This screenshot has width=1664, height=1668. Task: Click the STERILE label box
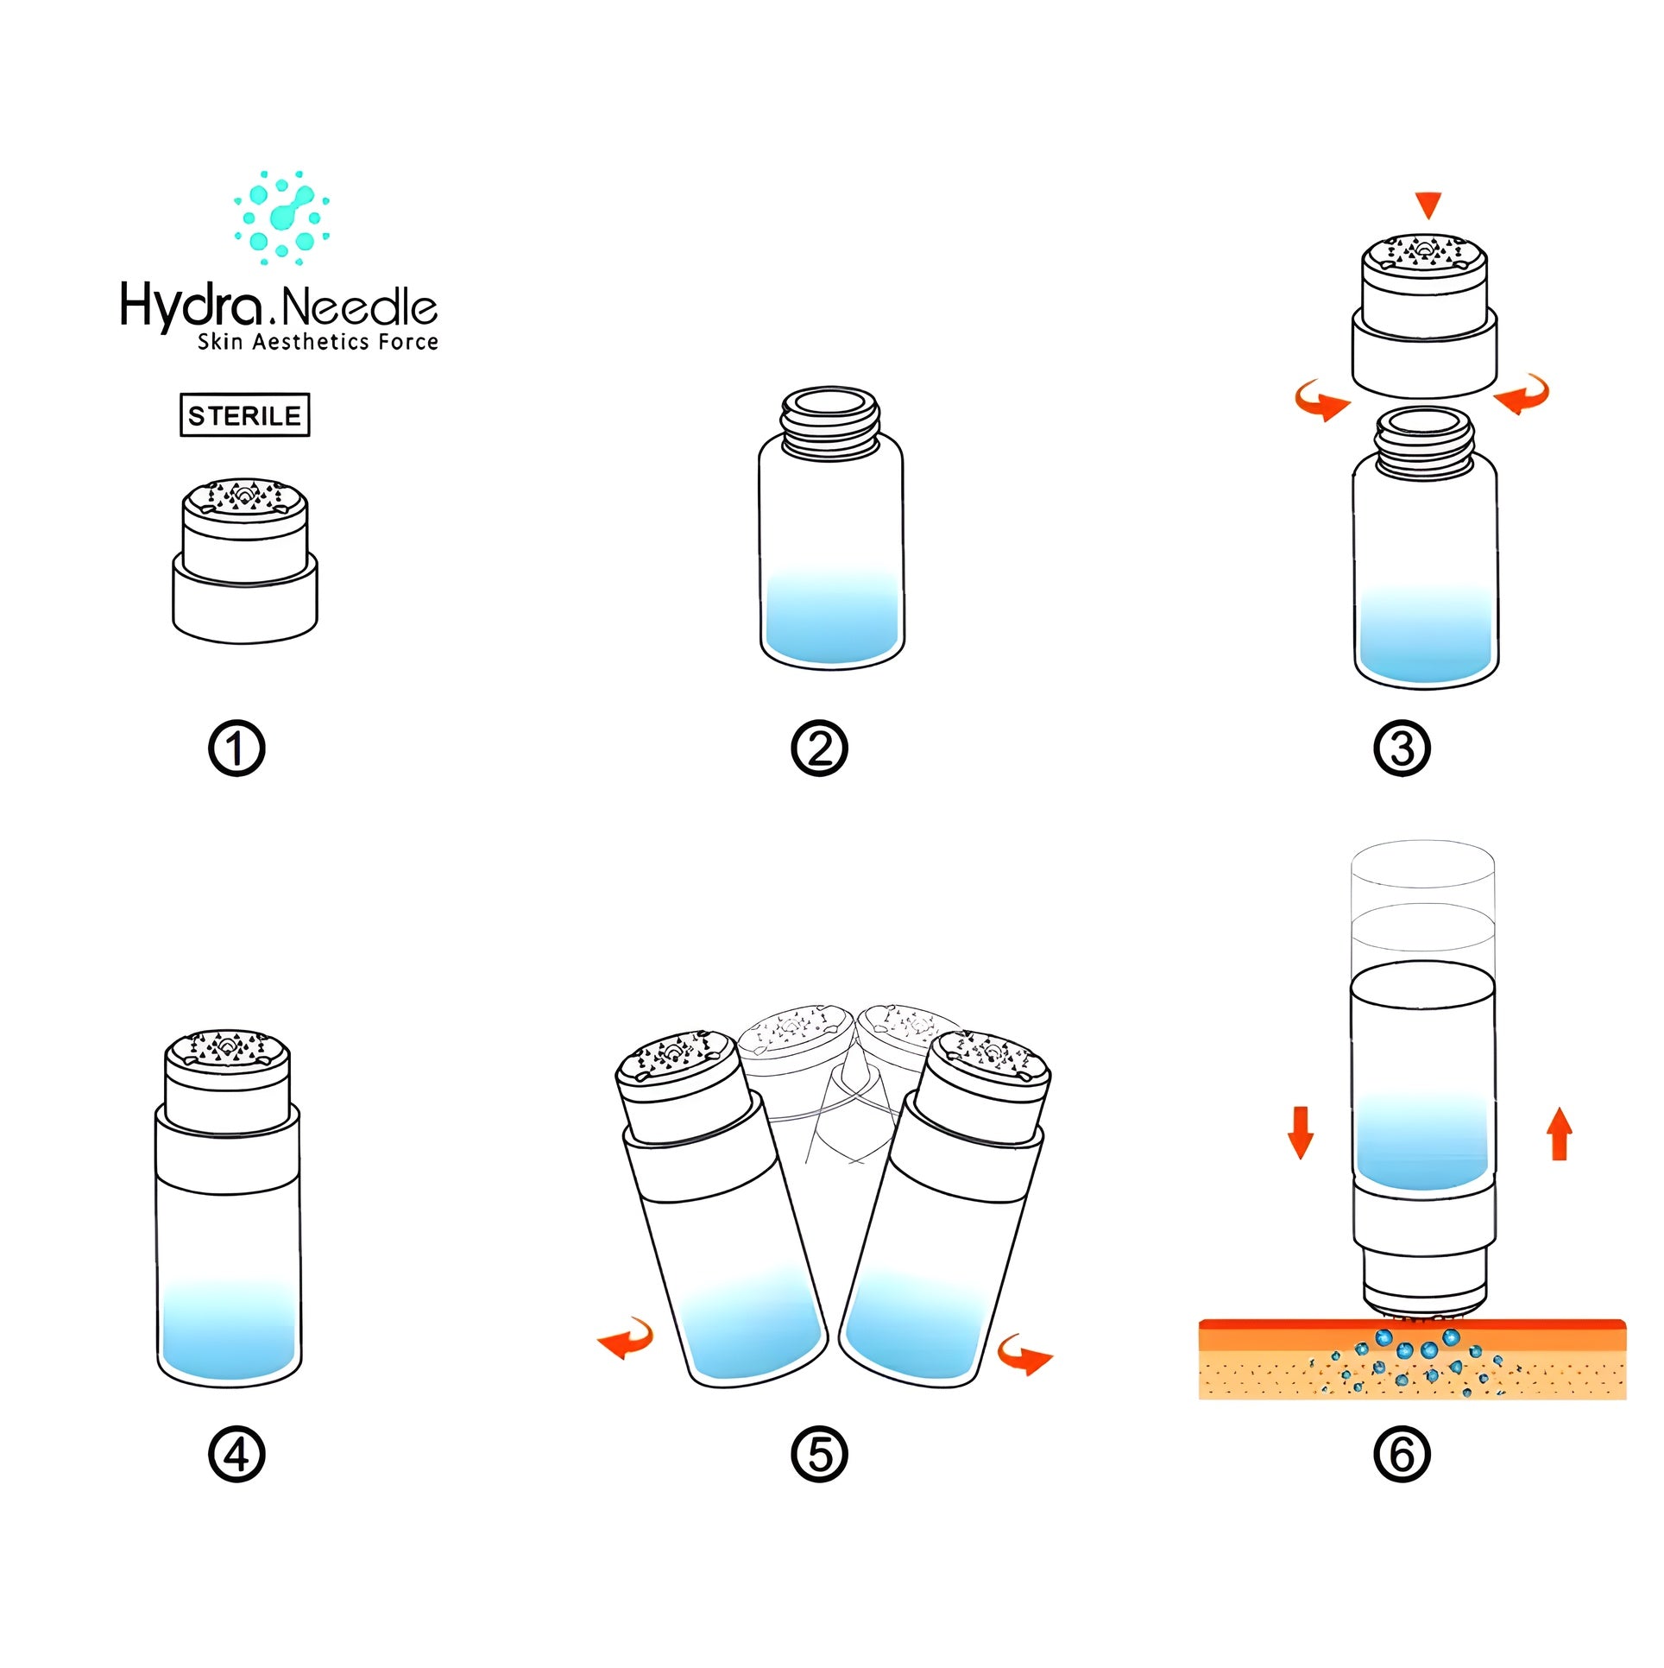[x=244, y=415]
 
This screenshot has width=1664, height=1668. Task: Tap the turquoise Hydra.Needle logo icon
[x=282, y=218]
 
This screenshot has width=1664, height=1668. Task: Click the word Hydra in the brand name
[x=191, y=306]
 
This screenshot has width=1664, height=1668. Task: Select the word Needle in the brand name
[x=359, y=307]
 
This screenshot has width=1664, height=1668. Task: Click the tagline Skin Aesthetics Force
[x=318, y=342]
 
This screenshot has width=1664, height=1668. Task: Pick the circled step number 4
[x=236, y=1454]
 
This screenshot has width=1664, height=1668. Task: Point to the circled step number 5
[x=819, y=1454]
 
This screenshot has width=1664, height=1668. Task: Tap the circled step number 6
[x=1402, y=1454]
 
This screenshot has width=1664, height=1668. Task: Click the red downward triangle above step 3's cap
[x=1428, y=205]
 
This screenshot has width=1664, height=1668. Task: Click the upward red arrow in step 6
[x=1559, y=1134]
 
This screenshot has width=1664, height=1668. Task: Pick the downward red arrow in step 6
[x=1300, y=1132]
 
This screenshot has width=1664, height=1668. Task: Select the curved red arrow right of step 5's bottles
[x=1024, y=1353]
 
